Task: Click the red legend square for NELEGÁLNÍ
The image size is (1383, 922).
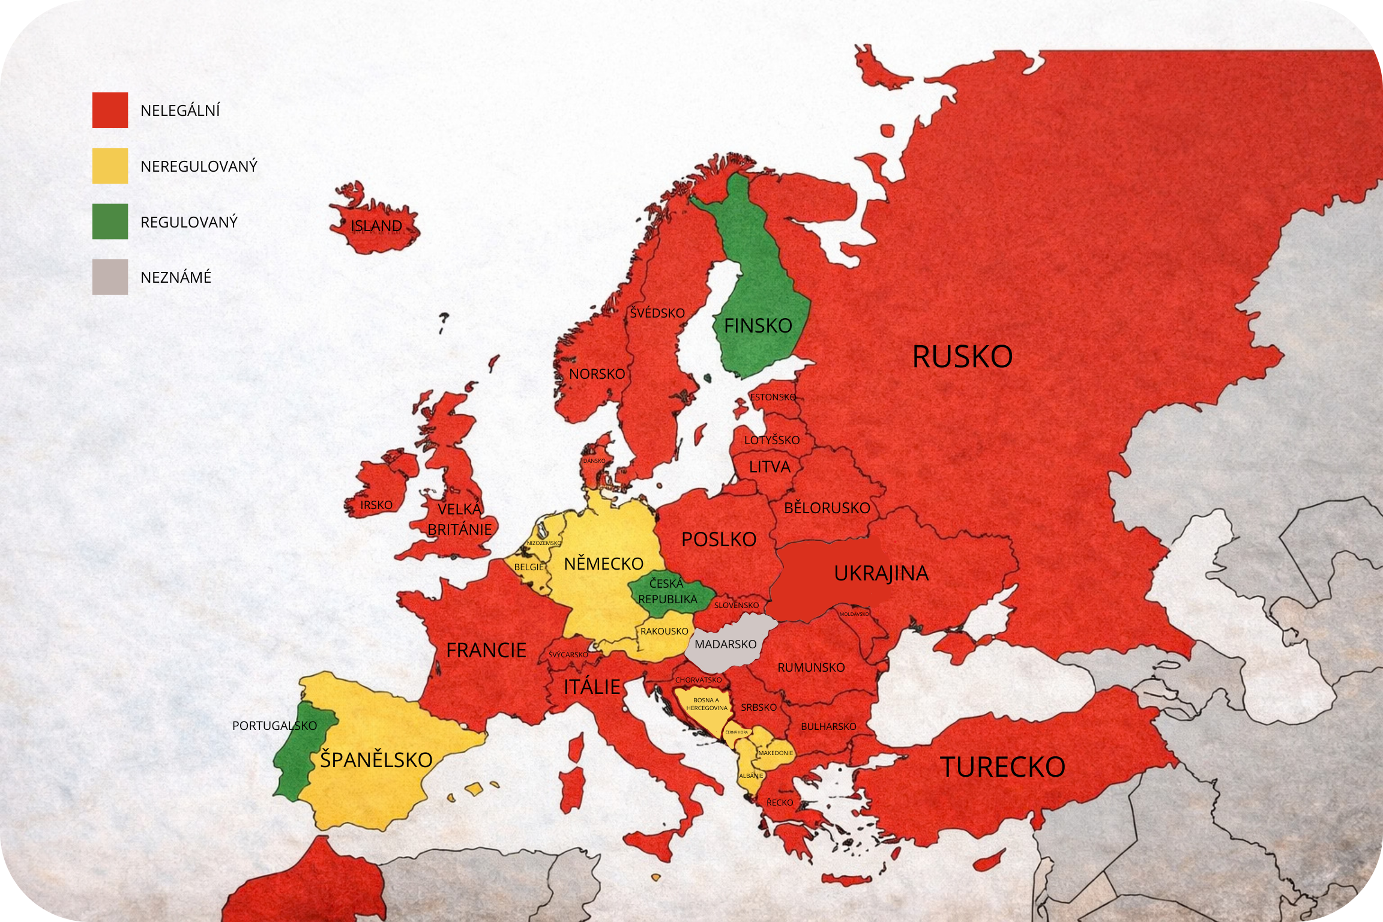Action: [110, 110]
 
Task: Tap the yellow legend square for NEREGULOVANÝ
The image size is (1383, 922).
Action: [110, 166]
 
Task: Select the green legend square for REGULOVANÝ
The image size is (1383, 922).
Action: [110, 221]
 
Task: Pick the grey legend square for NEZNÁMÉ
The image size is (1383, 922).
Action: [110, 277]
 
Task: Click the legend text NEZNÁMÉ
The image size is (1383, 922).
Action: [176, 277]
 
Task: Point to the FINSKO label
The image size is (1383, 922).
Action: [758, 326]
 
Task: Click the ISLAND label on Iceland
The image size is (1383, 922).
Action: [376, 226]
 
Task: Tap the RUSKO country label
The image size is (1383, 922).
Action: [962, 357]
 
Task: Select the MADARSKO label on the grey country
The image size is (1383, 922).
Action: [725, 644]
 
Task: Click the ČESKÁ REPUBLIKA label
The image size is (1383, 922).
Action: [667, 591]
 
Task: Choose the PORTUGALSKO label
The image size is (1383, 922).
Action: [274, 726]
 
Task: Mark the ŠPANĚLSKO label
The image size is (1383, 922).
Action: [376, 760]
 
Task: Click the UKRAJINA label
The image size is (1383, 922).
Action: [881, 573]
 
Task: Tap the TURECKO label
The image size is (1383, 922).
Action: [1002, 767]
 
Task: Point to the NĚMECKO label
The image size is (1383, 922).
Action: [603, 564]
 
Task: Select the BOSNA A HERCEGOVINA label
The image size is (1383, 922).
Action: [707, 704]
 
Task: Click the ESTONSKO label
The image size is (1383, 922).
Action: [773, 397]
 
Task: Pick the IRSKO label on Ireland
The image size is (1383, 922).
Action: [376, 505]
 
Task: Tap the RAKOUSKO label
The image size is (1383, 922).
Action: [664, 631]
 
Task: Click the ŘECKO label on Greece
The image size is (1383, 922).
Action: [779, 803]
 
